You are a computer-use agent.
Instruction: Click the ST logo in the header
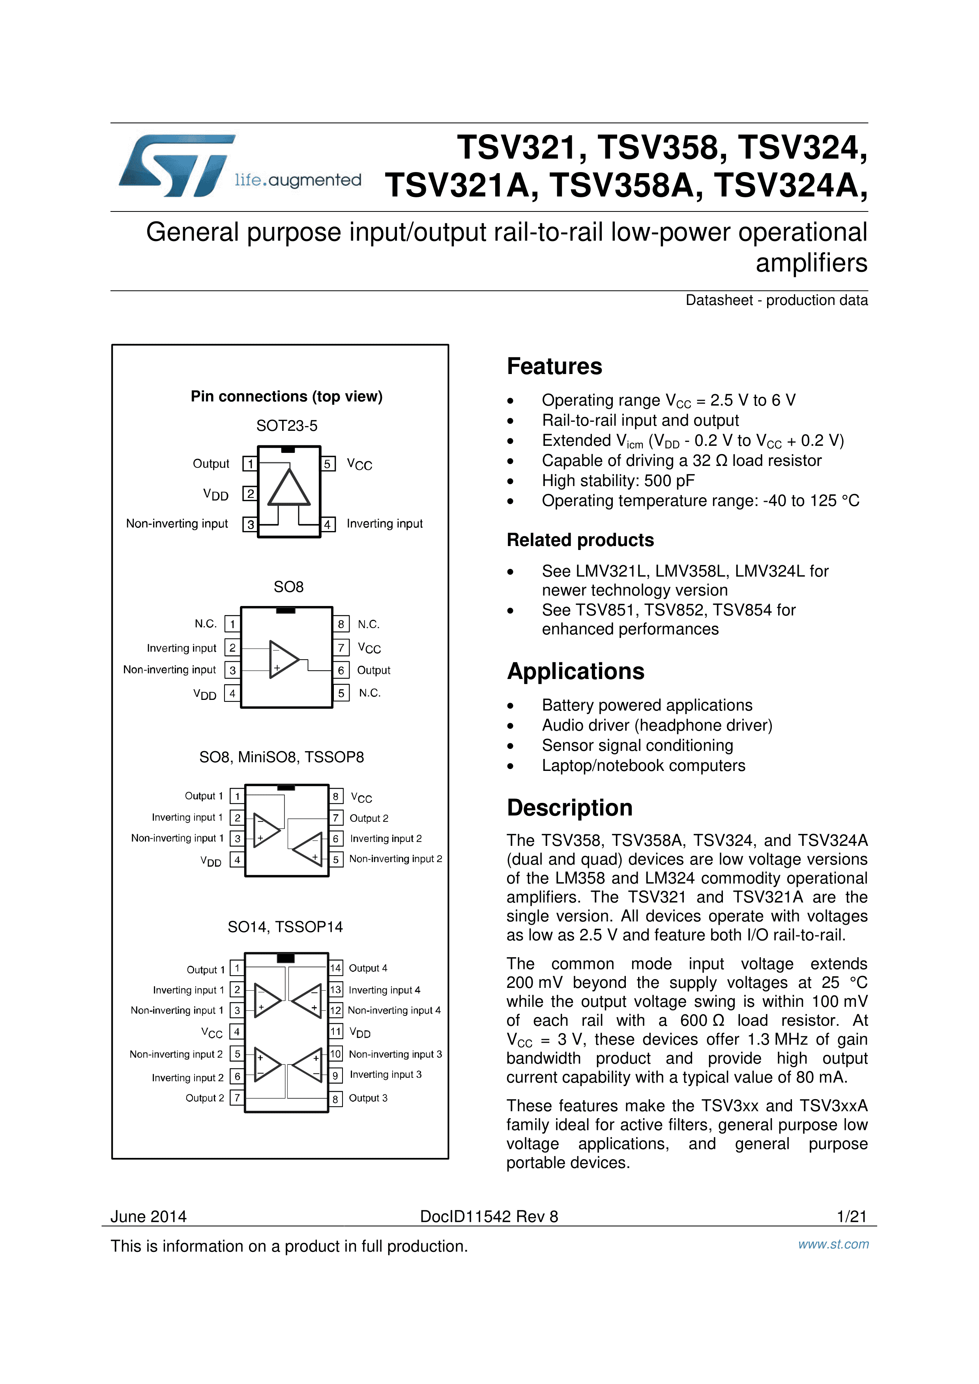(x=175, y=166)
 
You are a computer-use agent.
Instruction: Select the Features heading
(x=554, y=367)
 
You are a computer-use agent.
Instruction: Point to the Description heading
(x=569, y=808)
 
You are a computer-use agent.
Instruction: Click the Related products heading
(x=580, y=540)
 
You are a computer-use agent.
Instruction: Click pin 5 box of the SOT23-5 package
(x=328, y=464)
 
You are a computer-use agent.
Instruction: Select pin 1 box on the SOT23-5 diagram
(x=249, y=464)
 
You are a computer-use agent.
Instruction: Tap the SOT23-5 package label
(x=286, y=426)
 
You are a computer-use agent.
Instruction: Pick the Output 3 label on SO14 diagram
(x=368, y=1098)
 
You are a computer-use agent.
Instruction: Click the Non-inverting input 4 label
(x=394, y=1010)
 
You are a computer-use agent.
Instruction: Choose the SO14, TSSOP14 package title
(x=285, y=927)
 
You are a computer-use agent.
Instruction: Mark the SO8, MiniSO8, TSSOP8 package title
(x=281, y=757)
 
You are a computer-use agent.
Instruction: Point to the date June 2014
(x=148, y=1216)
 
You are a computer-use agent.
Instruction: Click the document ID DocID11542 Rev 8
(x=489, y=1216)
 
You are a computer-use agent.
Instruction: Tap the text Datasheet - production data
(x=777, y=300)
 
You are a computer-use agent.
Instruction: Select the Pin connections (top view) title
(x=286, y=396)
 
